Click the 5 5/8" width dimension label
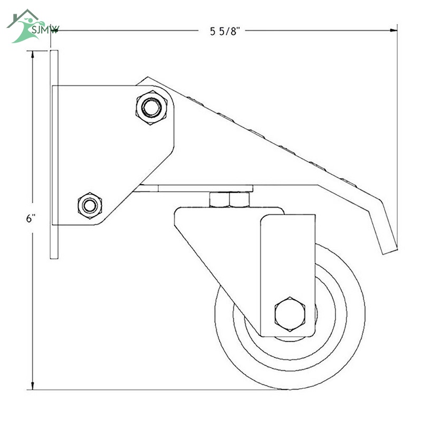click(x=225, y=31)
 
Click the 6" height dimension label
click(x=31, y=218)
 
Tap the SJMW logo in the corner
click(x=32, y=26)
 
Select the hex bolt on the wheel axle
click(x=290, y=314)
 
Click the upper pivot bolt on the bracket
click(x=151, y=108)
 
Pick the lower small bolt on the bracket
click(x=90, y=206)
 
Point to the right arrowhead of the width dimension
click(x=394, y=30)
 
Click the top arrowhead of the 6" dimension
click(x=33, y=54)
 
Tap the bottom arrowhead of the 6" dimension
click(x=33, y=386)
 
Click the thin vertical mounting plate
click(x=54, y=155)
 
